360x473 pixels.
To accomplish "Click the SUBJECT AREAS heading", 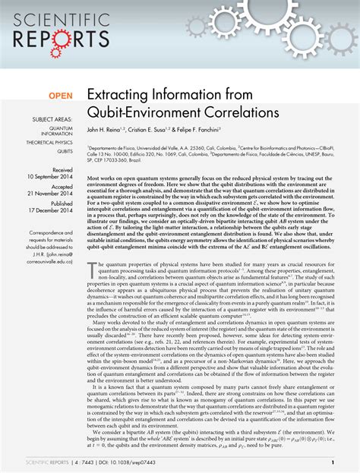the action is tap(52, 121).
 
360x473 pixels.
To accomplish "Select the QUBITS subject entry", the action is tap(65, 151).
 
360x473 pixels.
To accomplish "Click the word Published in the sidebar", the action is tap(62, 204).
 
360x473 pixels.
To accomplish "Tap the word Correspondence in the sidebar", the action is tap(52, 231).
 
